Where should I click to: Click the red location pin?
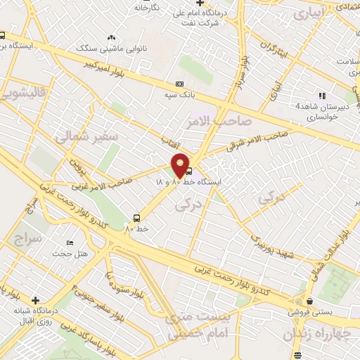[x=181, y=165]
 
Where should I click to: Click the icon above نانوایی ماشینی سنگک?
[x=110, y=38]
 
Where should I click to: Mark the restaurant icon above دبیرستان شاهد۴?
[x=322, y=95]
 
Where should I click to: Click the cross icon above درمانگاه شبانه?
[x=36, y=300]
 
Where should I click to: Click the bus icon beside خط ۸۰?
[x=136, y=218]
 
